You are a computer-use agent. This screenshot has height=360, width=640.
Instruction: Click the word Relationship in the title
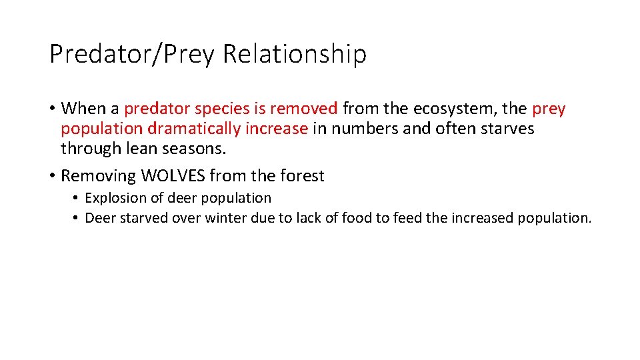pyautogui.click(x=294, y=54)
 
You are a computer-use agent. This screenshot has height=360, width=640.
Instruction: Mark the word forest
pyautogui.click(x=302, y=176)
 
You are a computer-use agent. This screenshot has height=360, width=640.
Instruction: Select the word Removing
pyautogui.click(x=98, y=176)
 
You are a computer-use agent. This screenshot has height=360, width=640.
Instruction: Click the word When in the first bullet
pyautogui.click(x=81, y=109)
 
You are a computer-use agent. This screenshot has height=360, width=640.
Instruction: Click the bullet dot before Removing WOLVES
pyautogui.click(x=52, y=176)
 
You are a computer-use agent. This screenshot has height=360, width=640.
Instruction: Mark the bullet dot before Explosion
pyautogui.click(x=77, y=198)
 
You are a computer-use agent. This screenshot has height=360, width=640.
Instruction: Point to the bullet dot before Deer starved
pyautogui.click(x=77, y=218)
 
